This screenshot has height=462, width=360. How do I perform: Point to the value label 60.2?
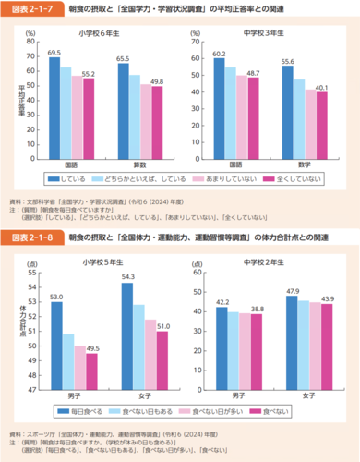(219, 55)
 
